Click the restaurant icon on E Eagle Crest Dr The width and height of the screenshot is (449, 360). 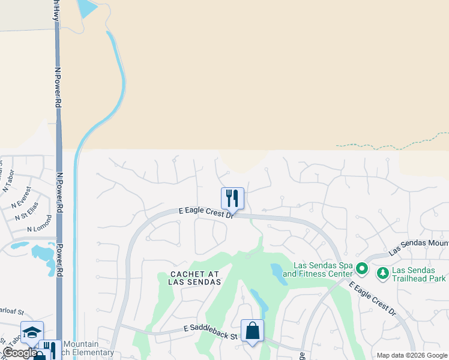[x=232, y=198]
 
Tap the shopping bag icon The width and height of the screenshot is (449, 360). [x=252, y=331]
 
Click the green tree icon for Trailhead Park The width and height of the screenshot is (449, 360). [x=382, y=274]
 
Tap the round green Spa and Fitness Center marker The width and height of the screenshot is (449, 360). [x=361, y=268]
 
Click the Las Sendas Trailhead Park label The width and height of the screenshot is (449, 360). [x=419, y=274]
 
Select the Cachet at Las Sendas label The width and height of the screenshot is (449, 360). [x=194, y=278]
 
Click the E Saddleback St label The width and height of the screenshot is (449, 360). [x=211, y=330]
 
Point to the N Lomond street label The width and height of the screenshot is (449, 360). [x=40, y=225]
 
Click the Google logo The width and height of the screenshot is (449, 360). [x=19, y=353]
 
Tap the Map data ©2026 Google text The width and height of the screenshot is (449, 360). [x=412, y=355]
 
